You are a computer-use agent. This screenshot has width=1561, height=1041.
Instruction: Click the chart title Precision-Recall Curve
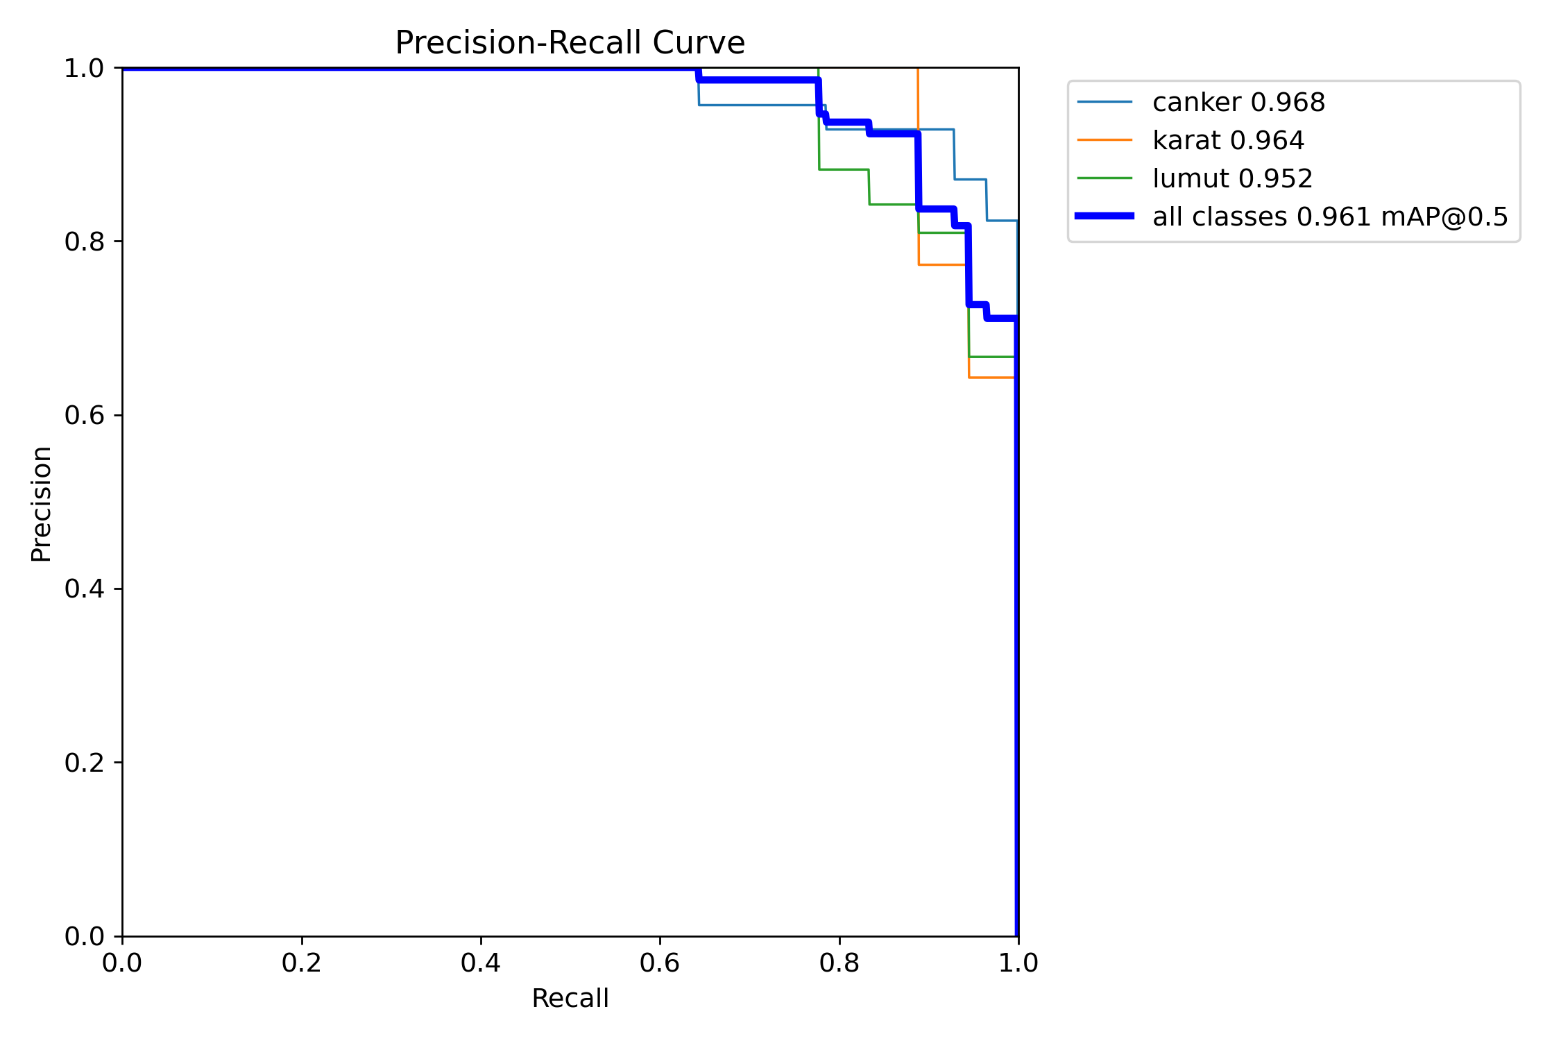pyautogui.click(x=570, y=43)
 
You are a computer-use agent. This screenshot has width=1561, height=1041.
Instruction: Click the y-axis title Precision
pyautogui.click(x=42, y=504)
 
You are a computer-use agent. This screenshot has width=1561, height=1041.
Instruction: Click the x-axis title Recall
pyautogui.click(x=570, y=999)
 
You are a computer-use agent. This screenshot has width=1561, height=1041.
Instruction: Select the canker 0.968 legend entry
pyautogui.click(x=1238, y=103)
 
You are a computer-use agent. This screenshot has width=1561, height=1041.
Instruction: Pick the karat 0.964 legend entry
pyautogui.click(x=1228, y=141)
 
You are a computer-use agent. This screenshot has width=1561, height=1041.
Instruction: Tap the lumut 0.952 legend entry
pyautogui.click(x=1232, y=179)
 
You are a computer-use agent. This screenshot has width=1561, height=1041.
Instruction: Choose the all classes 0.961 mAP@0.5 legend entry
pyautogui.click(x=1330, y=217)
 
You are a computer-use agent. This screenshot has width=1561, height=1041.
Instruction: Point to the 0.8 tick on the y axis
pyautogui.click(x=84, y=242)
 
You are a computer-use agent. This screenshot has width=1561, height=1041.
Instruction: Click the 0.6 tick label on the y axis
pyautogui.click(x=84, y=415)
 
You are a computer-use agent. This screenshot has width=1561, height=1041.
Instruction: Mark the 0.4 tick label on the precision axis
pyautogui.click(x=84, y=589)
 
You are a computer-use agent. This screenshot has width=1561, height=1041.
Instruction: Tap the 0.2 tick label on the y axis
pyautogui.click(x=84, y=763)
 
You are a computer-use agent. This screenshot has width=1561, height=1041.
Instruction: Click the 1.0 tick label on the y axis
pyautogui.click(x=84, y=69)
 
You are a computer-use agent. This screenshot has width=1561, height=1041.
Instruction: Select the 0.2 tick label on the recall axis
pyautogui.click(x=302, y=963)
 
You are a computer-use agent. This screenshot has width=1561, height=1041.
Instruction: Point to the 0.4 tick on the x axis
pyautogui.click(x=481, y=963)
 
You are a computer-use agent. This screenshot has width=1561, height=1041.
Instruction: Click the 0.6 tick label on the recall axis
pyautogui.click(x=660, y=963)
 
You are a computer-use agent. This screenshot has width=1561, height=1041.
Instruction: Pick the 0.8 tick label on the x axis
pyautogui.click(x=839, y=963)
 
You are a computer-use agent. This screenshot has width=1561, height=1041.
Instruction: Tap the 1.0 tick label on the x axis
pyautogui.click(x=1018, y=963)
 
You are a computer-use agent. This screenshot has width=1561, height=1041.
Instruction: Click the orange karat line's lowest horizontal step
pyautogui.click(x=991, y=378)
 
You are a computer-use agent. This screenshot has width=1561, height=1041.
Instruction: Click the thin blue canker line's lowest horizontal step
pyautogui.click(x=1002, y=221)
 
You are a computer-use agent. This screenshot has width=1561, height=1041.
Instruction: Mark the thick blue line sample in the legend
pyautogui.click(x=1104, y=217)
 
